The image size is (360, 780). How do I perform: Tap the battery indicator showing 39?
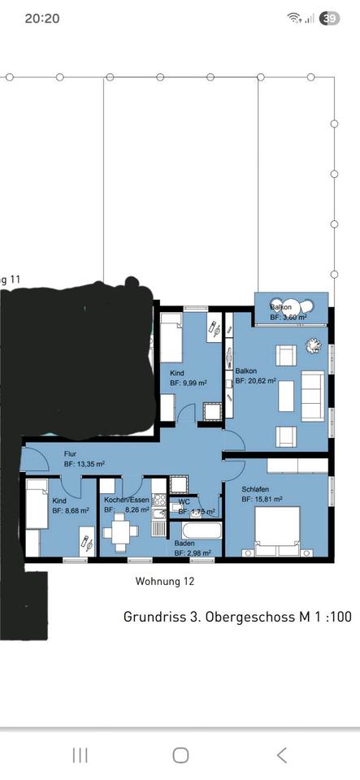(330, 18)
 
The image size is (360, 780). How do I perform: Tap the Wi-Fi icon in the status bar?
(293, 18)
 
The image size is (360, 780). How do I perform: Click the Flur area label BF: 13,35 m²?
(84, 464)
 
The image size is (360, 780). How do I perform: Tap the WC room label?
(184, 501)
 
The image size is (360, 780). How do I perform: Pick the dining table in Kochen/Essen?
(121, 534)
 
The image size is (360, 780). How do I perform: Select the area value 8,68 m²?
(72, 512)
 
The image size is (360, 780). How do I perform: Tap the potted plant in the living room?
(311, 344)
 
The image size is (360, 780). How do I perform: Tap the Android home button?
(180, 755)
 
